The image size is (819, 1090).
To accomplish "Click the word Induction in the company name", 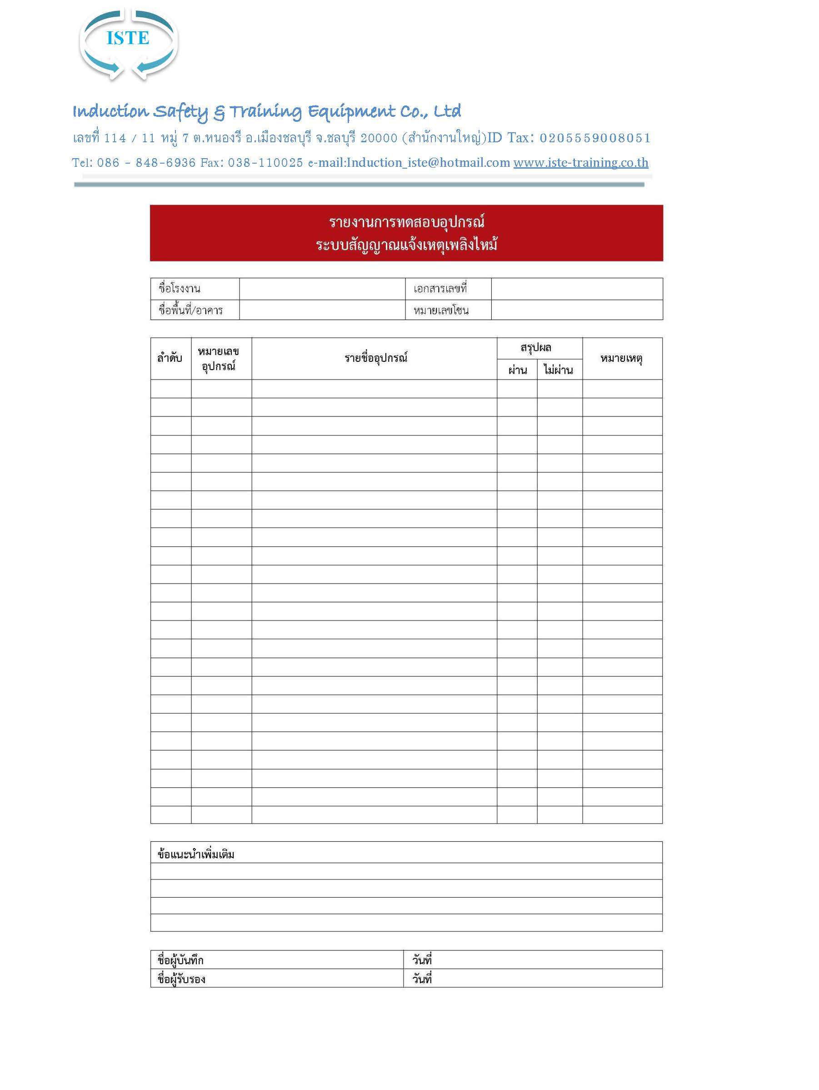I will tap(110, 111).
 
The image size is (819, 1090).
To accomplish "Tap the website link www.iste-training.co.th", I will tap(580, 163).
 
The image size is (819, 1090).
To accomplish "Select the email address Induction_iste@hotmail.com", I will tap(428, 163).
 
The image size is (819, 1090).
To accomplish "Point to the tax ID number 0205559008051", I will tap(595, 138).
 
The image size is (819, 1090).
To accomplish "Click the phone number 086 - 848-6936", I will tap(146, 163).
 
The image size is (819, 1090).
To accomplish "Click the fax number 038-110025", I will tap(265, 163).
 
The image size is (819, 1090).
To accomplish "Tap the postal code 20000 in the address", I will tap(379, 138).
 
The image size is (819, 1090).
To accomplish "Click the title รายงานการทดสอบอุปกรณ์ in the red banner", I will tap(406, 222).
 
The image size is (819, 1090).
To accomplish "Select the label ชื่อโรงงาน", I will tap(180, 289).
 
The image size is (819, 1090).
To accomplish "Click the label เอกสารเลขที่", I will tap(440, 289).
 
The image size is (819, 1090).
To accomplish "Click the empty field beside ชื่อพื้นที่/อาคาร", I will tap(322, 310).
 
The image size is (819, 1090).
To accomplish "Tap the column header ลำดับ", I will tap(170, 358).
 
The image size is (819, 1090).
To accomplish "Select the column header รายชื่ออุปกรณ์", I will tap(376, 358).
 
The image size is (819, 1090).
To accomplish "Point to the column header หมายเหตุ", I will tap(621, 358).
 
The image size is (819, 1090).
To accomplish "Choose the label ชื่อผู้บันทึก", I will tap(180, 960).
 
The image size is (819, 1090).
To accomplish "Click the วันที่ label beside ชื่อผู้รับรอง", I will tap(422, 979).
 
